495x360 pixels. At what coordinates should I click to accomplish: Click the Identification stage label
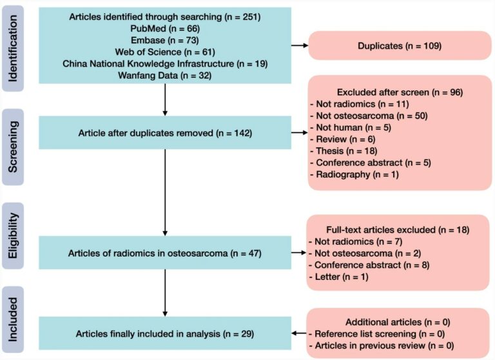[13, 48]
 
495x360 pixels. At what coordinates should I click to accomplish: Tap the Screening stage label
[13, 147]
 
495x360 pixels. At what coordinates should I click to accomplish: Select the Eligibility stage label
[13, 235]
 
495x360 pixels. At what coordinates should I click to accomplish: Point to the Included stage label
[13, 319]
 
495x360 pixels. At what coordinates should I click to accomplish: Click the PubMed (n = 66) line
[165, 28]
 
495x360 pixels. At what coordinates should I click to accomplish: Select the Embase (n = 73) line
[165, 40]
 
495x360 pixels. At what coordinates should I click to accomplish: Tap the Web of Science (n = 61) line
[165, 52]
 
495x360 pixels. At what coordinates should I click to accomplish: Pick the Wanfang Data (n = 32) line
[165, 75]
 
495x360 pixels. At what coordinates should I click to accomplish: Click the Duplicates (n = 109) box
[400, 46]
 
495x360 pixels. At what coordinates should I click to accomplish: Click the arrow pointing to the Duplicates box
[300, 46]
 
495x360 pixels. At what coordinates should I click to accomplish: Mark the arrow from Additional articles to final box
[299, 333]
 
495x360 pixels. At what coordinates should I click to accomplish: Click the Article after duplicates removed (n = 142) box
[165, 133]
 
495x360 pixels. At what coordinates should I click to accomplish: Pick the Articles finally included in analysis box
[165, 334]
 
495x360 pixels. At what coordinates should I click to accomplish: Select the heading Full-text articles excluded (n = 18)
[398, 230]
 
